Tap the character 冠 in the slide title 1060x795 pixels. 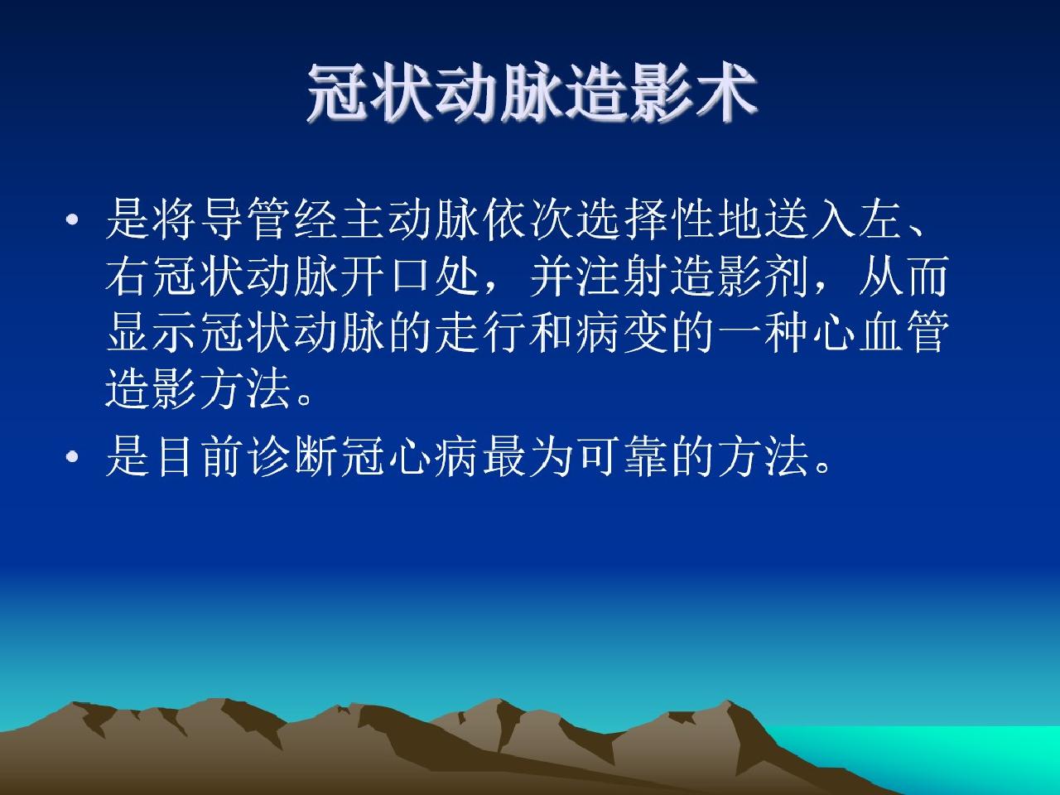[338, 93]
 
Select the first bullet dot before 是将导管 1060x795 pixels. [72, 220]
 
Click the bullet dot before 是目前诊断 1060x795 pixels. [72, 456]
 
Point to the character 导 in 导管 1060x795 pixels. [221, 220]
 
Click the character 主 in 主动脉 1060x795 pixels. [364, 220]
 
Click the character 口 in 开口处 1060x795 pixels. [411, 276]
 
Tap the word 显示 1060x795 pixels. [150, 332]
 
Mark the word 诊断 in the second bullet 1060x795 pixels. [292, 456]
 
